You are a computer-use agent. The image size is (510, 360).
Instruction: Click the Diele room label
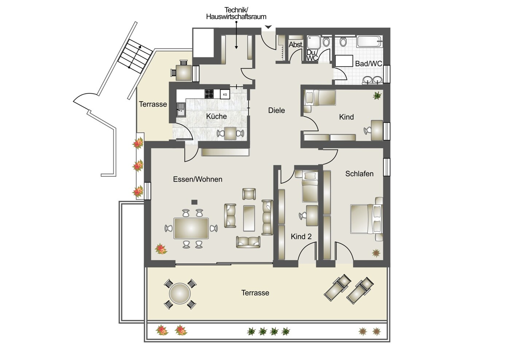coord(276,110)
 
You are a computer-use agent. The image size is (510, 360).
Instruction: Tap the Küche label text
coord(216,116)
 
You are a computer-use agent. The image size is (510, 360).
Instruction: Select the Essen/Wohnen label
coord(198,179)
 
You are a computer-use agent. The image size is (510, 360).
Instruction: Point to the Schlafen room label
coord(359,174)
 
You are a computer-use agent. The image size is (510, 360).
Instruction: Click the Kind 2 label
coord(301,237)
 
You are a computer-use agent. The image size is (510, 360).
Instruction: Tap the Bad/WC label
coord(369,64)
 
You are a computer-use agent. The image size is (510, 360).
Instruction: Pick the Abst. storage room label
coord(296,44)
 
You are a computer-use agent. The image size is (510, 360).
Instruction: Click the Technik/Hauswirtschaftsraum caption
coord(236,13)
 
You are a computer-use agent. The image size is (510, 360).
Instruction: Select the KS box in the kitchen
coord(225,94)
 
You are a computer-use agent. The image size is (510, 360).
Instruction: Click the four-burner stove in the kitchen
coord(209,94)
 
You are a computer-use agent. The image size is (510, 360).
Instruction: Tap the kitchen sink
coord(181,110)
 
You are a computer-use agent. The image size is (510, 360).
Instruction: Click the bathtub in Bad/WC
coord(370,41)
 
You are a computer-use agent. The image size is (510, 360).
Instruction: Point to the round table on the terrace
coord(180,294)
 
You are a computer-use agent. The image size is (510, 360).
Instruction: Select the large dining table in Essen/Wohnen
coord(191,228)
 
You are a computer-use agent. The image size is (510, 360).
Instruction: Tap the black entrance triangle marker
coord(268,27)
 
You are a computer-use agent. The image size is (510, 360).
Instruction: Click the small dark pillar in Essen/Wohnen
coord(194,202)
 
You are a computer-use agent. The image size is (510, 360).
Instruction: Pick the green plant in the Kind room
coord(377,95)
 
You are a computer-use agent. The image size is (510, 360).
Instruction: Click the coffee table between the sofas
coord(249,218)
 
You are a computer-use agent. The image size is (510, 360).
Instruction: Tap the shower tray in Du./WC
coord(314,42)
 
